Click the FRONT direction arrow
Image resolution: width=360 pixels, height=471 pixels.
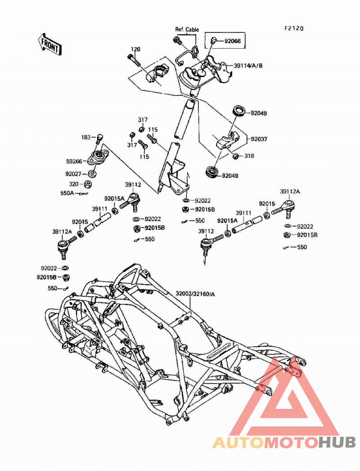point(50,45)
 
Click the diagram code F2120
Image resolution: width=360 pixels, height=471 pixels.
point(294,28)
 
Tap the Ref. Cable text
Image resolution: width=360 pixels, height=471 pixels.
point(187,29)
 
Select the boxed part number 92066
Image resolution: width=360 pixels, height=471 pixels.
point(232,41)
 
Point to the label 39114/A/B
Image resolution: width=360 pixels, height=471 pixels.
point(248,65)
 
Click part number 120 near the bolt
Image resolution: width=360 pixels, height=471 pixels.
point(135,49)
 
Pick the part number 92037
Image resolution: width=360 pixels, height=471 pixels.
point(259,139)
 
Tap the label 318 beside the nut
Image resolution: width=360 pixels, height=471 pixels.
point(249,156)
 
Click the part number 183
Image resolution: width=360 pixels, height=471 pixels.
point(86,137)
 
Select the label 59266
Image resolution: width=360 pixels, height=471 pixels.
point(74,161)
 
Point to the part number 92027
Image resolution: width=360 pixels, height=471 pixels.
point(73,174)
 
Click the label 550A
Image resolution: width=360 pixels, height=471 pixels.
point(67,193)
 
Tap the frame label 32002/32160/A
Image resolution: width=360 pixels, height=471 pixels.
point(195,294)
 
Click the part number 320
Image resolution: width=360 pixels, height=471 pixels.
point(74,184)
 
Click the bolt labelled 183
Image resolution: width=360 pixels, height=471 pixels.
point(100,139)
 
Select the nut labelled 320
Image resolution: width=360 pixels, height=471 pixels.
point(88,184)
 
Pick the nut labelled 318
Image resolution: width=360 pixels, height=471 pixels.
point(236,156)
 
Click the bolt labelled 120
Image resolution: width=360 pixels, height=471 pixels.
point(134,60)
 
